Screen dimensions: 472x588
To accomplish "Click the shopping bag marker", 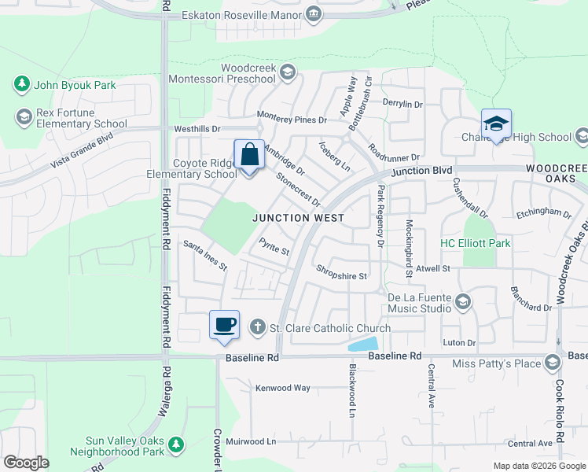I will pos(249,155).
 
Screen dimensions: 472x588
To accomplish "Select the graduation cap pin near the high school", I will pos(496,124).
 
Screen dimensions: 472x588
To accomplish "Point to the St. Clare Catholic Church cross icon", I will pos(256,327).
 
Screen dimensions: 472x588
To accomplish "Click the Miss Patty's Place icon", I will pos(553,362).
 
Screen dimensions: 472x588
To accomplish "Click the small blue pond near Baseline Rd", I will pos(364,344).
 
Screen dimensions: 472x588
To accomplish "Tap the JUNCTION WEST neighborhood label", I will pos(298,218).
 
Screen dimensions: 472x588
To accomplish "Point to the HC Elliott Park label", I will pos(475,243).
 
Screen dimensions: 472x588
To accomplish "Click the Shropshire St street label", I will pos(342,276).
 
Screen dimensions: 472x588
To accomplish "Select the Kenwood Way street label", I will pos(282,388).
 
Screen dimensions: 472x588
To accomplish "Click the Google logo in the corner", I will pos(26,462).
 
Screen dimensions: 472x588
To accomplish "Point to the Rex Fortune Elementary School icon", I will pos(24,117).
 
